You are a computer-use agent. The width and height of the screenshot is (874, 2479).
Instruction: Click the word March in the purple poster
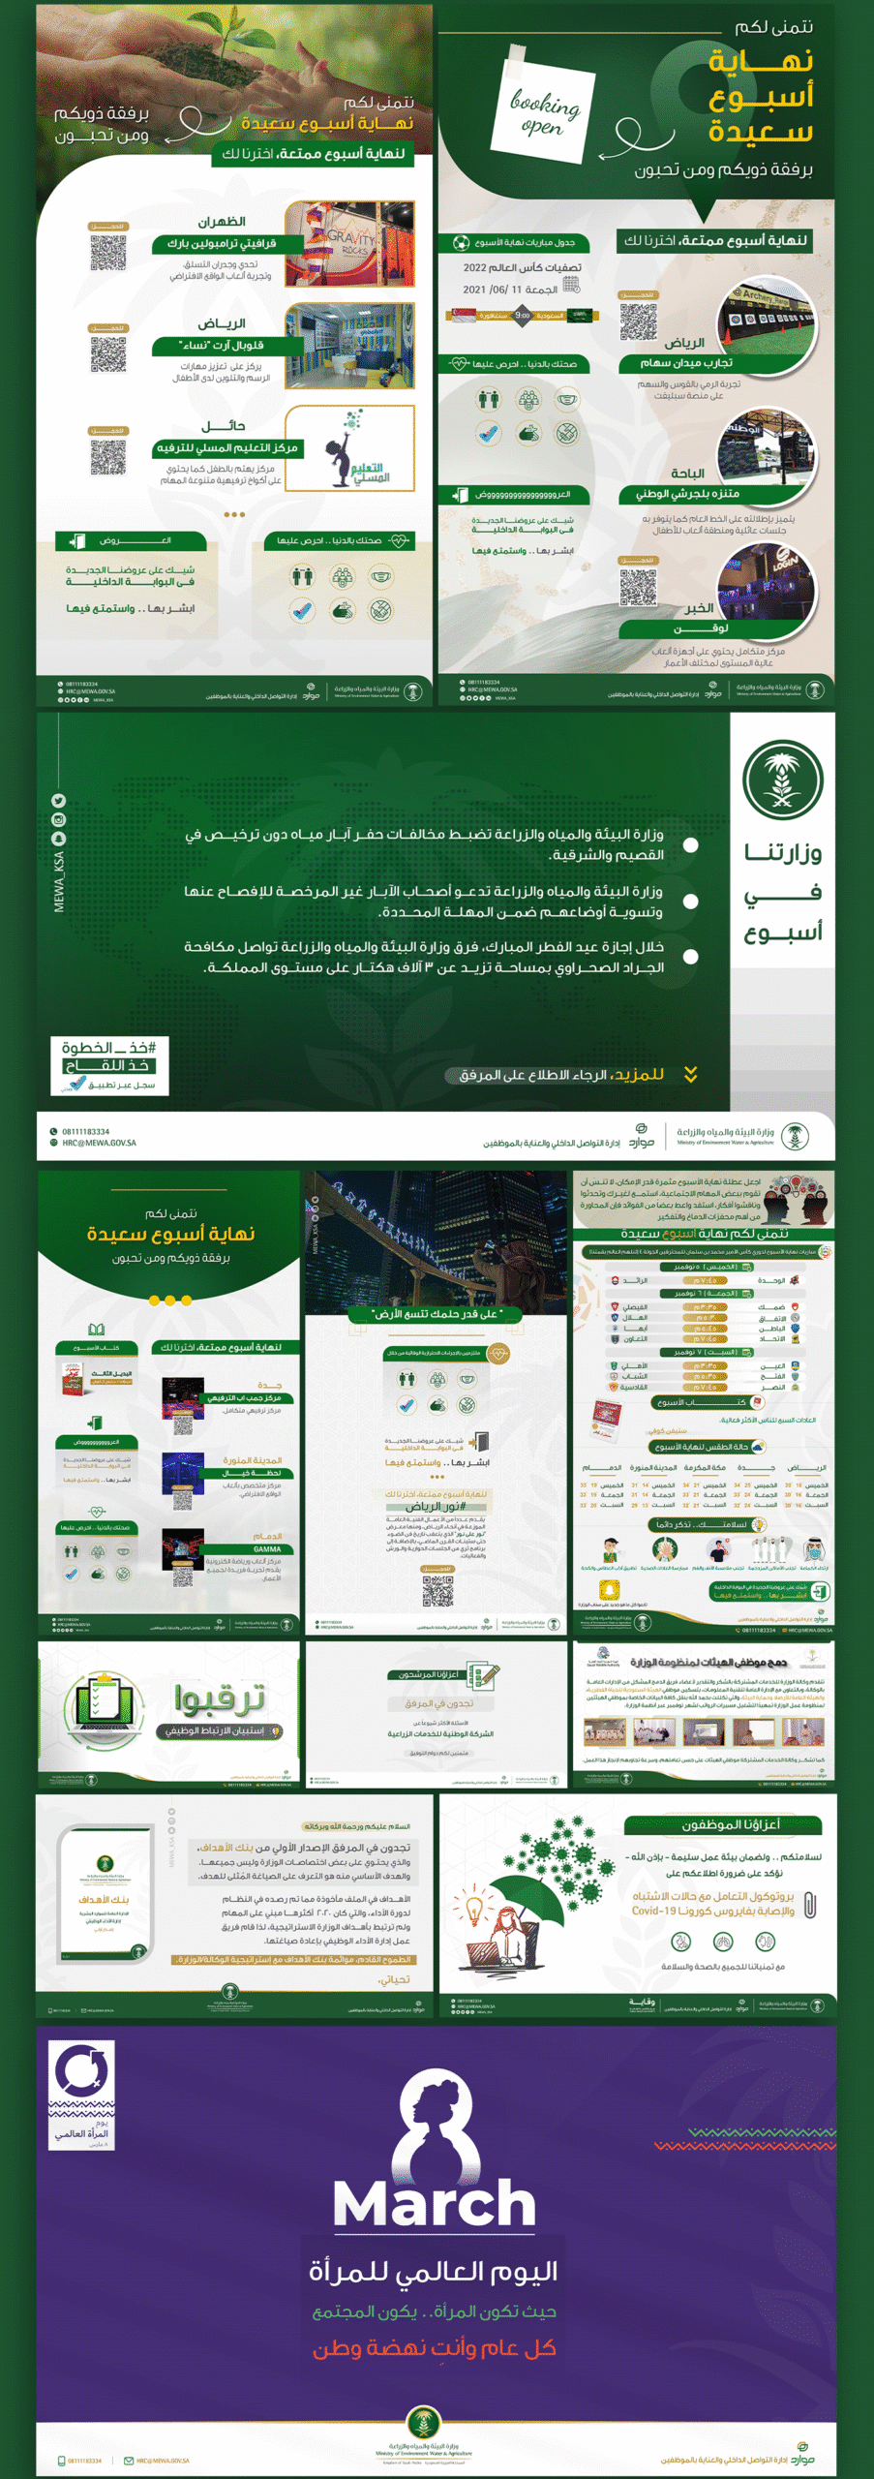435,2204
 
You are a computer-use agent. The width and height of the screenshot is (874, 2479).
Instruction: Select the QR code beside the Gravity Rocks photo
108,252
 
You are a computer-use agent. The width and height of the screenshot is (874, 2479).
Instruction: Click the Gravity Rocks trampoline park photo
350,243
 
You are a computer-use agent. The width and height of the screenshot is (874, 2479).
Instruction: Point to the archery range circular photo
767,321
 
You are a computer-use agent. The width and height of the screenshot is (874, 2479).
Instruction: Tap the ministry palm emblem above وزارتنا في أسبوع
782,780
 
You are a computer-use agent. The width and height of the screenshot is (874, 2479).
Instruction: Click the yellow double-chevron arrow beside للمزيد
690,1074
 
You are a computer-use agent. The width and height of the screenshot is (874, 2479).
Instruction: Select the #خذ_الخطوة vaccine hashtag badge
110,1065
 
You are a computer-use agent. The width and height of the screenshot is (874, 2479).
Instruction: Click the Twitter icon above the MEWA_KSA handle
59,801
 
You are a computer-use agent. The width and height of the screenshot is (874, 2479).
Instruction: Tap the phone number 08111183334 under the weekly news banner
86,1131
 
